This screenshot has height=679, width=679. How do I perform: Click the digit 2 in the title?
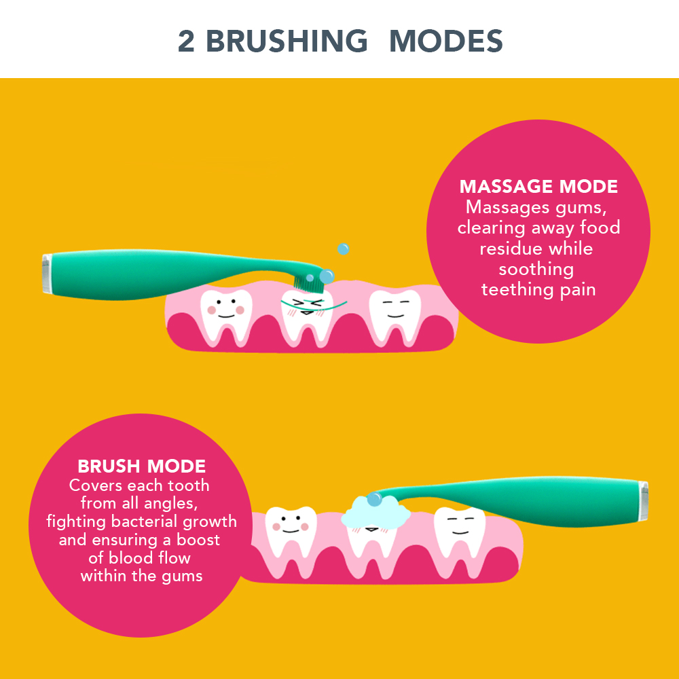pos(186,41)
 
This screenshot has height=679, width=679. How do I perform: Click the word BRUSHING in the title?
pos(287,41)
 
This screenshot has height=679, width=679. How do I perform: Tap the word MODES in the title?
pos(446,41)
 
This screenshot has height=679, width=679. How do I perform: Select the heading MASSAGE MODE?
pos(538,187)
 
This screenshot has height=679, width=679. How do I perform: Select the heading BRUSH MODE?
pos(142,466)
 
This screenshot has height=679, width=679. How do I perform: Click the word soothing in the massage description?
pos(536,270)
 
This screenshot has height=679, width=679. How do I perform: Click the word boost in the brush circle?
pos(198,540)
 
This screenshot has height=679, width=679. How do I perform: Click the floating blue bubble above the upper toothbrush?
pos(343,249)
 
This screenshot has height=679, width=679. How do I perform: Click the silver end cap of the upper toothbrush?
pos(46,274)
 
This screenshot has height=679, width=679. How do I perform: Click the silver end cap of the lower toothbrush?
pos(644,500)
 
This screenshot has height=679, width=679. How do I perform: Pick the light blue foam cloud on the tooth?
pos(375,512)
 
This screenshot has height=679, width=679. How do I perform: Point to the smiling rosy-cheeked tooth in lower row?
pos(291,535)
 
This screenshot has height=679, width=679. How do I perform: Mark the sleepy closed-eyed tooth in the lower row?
pos(460,535)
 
